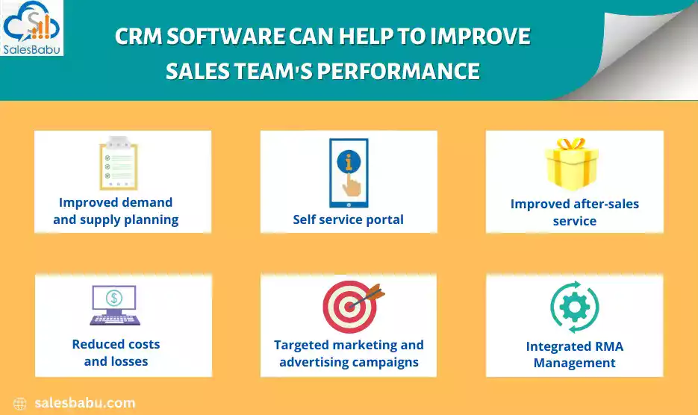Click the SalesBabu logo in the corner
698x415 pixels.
click(31, 28)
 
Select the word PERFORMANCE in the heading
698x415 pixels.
click(399, 71)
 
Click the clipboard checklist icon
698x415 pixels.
click(119, 163)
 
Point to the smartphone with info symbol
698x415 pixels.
click(349, 172)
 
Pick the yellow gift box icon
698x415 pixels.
click(572, 163)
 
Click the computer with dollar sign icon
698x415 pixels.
click(115, 305)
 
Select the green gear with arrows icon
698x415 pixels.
click(575, 307)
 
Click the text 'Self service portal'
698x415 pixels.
click(348, 219)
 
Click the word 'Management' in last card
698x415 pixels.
click(575, 363)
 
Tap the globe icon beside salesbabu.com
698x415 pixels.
click(20, 403)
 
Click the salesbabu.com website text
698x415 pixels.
click(85, 403)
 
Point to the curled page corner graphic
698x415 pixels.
click(641, 49)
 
